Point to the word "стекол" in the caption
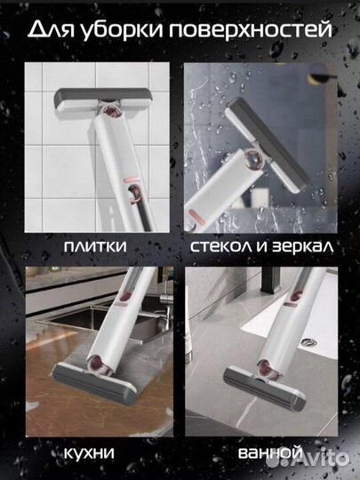coord(222,244)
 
